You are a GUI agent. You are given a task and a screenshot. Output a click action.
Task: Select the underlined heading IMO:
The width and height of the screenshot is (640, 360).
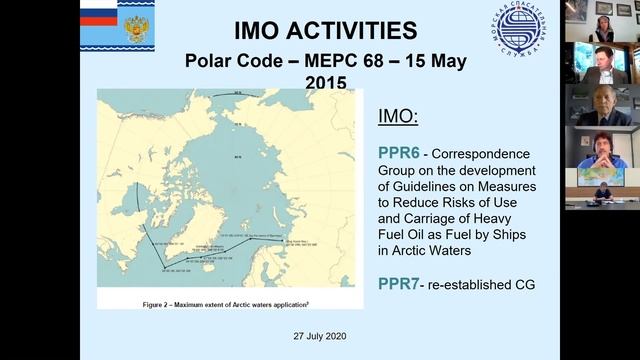(399, 116)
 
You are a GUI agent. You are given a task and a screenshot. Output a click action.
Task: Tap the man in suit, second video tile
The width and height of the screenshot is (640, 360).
(602, 60)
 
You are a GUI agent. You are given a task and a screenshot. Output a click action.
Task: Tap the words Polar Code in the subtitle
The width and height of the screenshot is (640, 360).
(229, 59)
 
